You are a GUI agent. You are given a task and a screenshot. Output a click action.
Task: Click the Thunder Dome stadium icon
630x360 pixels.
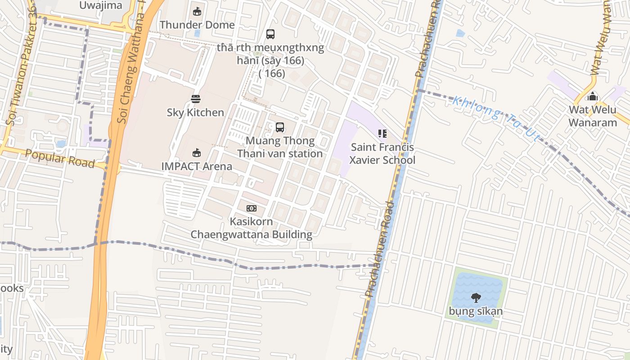click(x=197, y=12)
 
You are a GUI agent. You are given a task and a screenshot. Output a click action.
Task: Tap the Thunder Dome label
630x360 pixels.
click(x=197, y=25)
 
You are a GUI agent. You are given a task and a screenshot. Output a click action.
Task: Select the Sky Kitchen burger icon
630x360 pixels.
click(x=195, y=99)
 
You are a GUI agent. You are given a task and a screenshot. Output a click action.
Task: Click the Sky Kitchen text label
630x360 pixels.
click(x=195, y=112)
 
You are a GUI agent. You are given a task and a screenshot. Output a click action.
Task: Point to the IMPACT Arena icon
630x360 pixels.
click(x=197, y=153)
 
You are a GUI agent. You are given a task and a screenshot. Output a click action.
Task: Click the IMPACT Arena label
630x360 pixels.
click(x=197, y=166)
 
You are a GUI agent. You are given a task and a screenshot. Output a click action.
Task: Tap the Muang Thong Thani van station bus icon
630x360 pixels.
click(x=280, y=127)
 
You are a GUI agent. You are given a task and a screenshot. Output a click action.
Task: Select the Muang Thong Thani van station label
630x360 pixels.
click(x=280, y=147)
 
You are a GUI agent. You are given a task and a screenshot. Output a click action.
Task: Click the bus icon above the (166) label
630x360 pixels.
click(x=270, y=34)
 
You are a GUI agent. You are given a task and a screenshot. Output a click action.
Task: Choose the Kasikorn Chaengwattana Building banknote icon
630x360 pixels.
click(x=252, y=208)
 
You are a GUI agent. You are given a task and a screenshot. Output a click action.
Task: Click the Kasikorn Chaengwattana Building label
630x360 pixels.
click(x=252, y=228)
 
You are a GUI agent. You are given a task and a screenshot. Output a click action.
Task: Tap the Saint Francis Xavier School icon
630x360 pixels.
click(x=382, y=134)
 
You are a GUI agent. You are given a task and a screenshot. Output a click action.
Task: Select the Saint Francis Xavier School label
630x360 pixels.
click(x=382, y=153)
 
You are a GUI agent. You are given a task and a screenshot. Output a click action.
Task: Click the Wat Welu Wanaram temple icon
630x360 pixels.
click(x=593, y=96)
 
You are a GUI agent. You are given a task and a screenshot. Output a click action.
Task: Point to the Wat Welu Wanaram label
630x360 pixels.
click(x=593, y=116)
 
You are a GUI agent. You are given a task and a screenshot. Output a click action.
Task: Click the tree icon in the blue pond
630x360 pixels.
click(x=476, y=297)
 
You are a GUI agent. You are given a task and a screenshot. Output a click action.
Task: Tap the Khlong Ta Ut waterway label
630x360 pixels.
click(x=495, y=118)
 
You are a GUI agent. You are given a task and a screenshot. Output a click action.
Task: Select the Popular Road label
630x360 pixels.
click(x=60, y=158)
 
